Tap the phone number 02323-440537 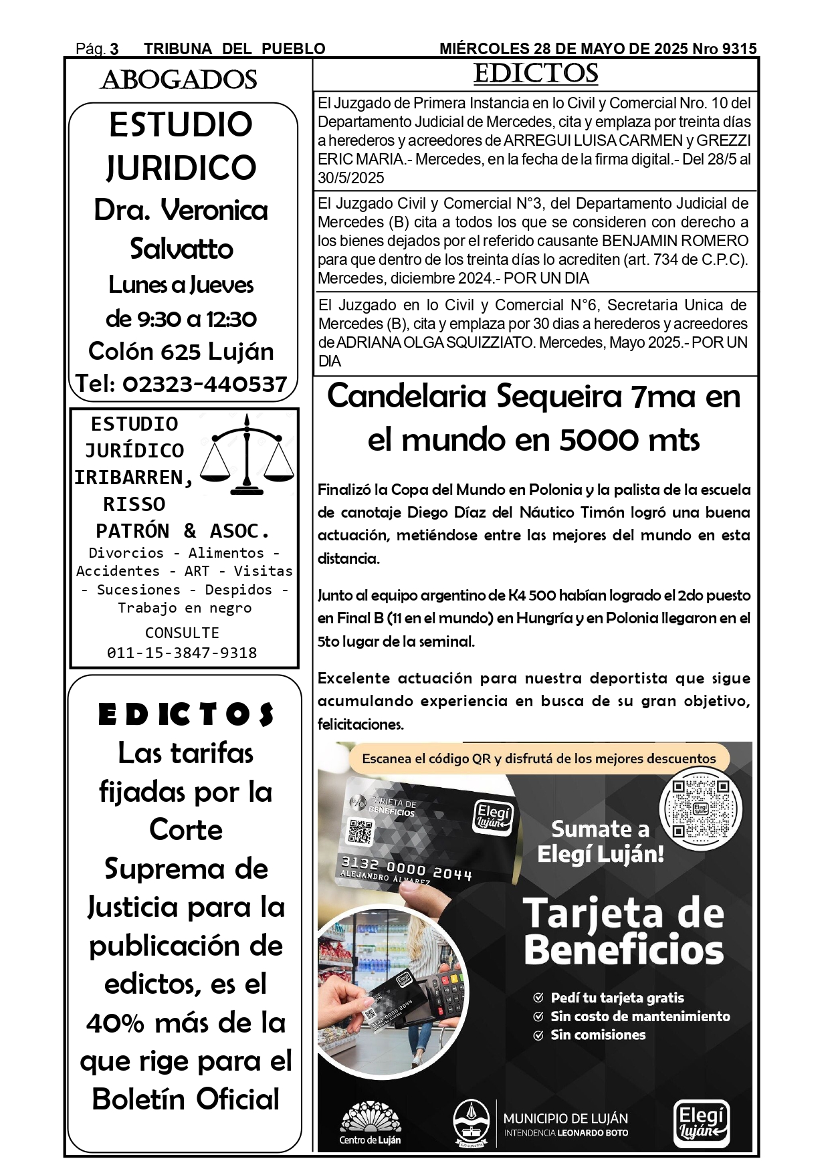(205, 384)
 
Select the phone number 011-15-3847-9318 (182, 653)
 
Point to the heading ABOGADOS (179, 80)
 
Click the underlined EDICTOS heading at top (535, 74)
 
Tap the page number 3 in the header (114, 49)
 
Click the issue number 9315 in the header (740, 49)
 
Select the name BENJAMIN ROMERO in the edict (675, 241)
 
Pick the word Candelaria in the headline (407, 397)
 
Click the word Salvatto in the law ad (181, 249)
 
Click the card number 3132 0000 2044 (407, 867)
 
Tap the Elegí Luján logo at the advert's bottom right (701, 1123)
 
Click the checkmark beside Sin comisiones (538, 1035)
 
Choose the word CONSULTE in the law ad (182, 633)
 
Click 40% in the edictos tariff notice (115, 1023)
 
